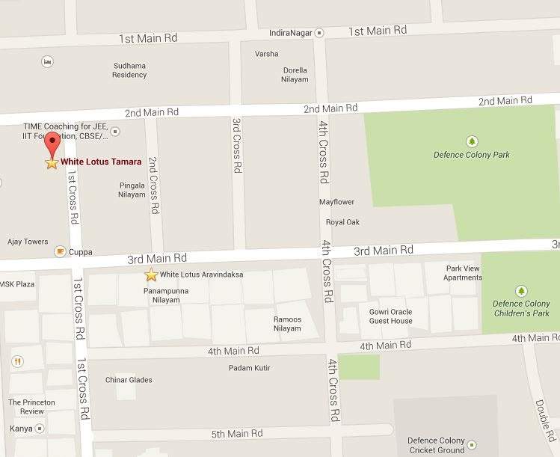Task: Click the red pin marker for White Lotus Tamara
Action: [x=52, y=144]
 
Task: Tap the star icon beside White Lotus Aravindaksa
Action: [x=151, y=274]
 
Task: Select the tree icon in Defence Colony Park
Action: [x=471, y=141]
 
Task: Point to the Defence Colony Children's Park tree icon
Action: [x=520, y=290]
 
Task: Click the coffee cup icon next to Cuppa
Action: [x=59, y=252]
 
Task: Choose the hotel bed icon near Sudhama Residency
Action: [x=48, y=61]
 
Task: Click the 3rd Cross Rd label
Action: [x=236, y=145]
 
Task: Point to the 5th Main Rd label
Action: [x=237, y=434]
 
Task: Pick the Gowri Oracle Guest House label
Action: [x=390, y=316]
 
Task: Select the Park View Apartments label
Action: [x=464, y=272]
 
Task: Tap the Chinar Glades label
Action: [x=130, y=380]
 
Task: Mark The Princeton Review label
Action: [x=31, y=407]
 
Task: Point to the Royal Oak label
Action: [x=342, y=222]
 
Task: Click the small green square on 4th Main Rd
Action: [x=359, y=366]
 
